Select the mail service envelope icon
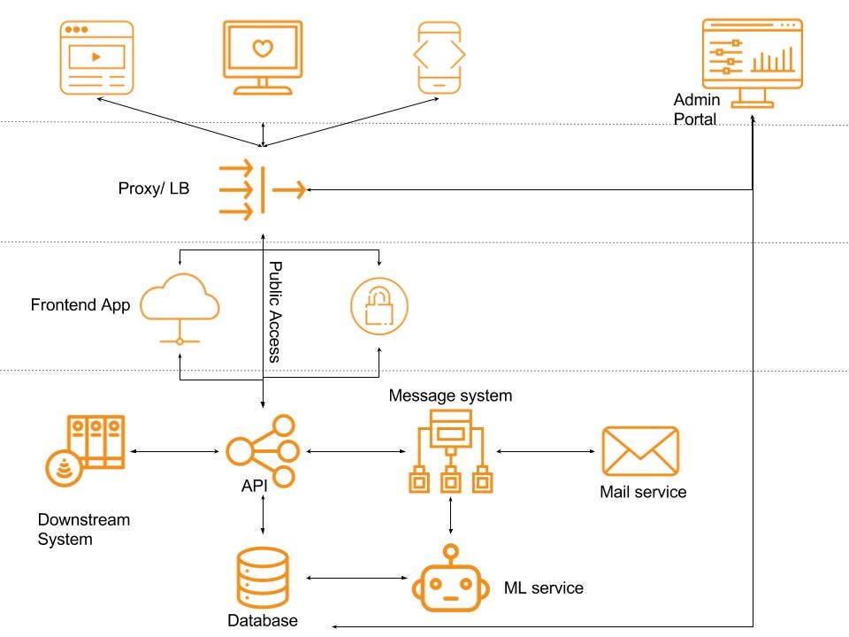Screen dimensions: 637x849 click(640, 451)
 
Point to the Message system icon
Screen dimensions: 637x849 click(451, 451)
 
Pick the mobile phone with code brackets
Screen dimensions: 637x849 click(440, 57)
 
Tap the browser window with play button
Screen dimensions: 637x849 click(96, 57)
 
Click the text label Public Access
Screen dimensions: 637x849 click(275, 311)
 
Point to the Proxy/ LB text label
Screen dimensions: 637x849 click(153, 189)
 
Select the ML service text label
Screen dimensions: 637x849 click(543, 587)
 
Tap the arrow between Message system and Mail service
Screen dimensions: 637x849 click(545, 451)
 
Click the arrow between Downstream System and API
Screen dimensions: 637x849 click(173, 451)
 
